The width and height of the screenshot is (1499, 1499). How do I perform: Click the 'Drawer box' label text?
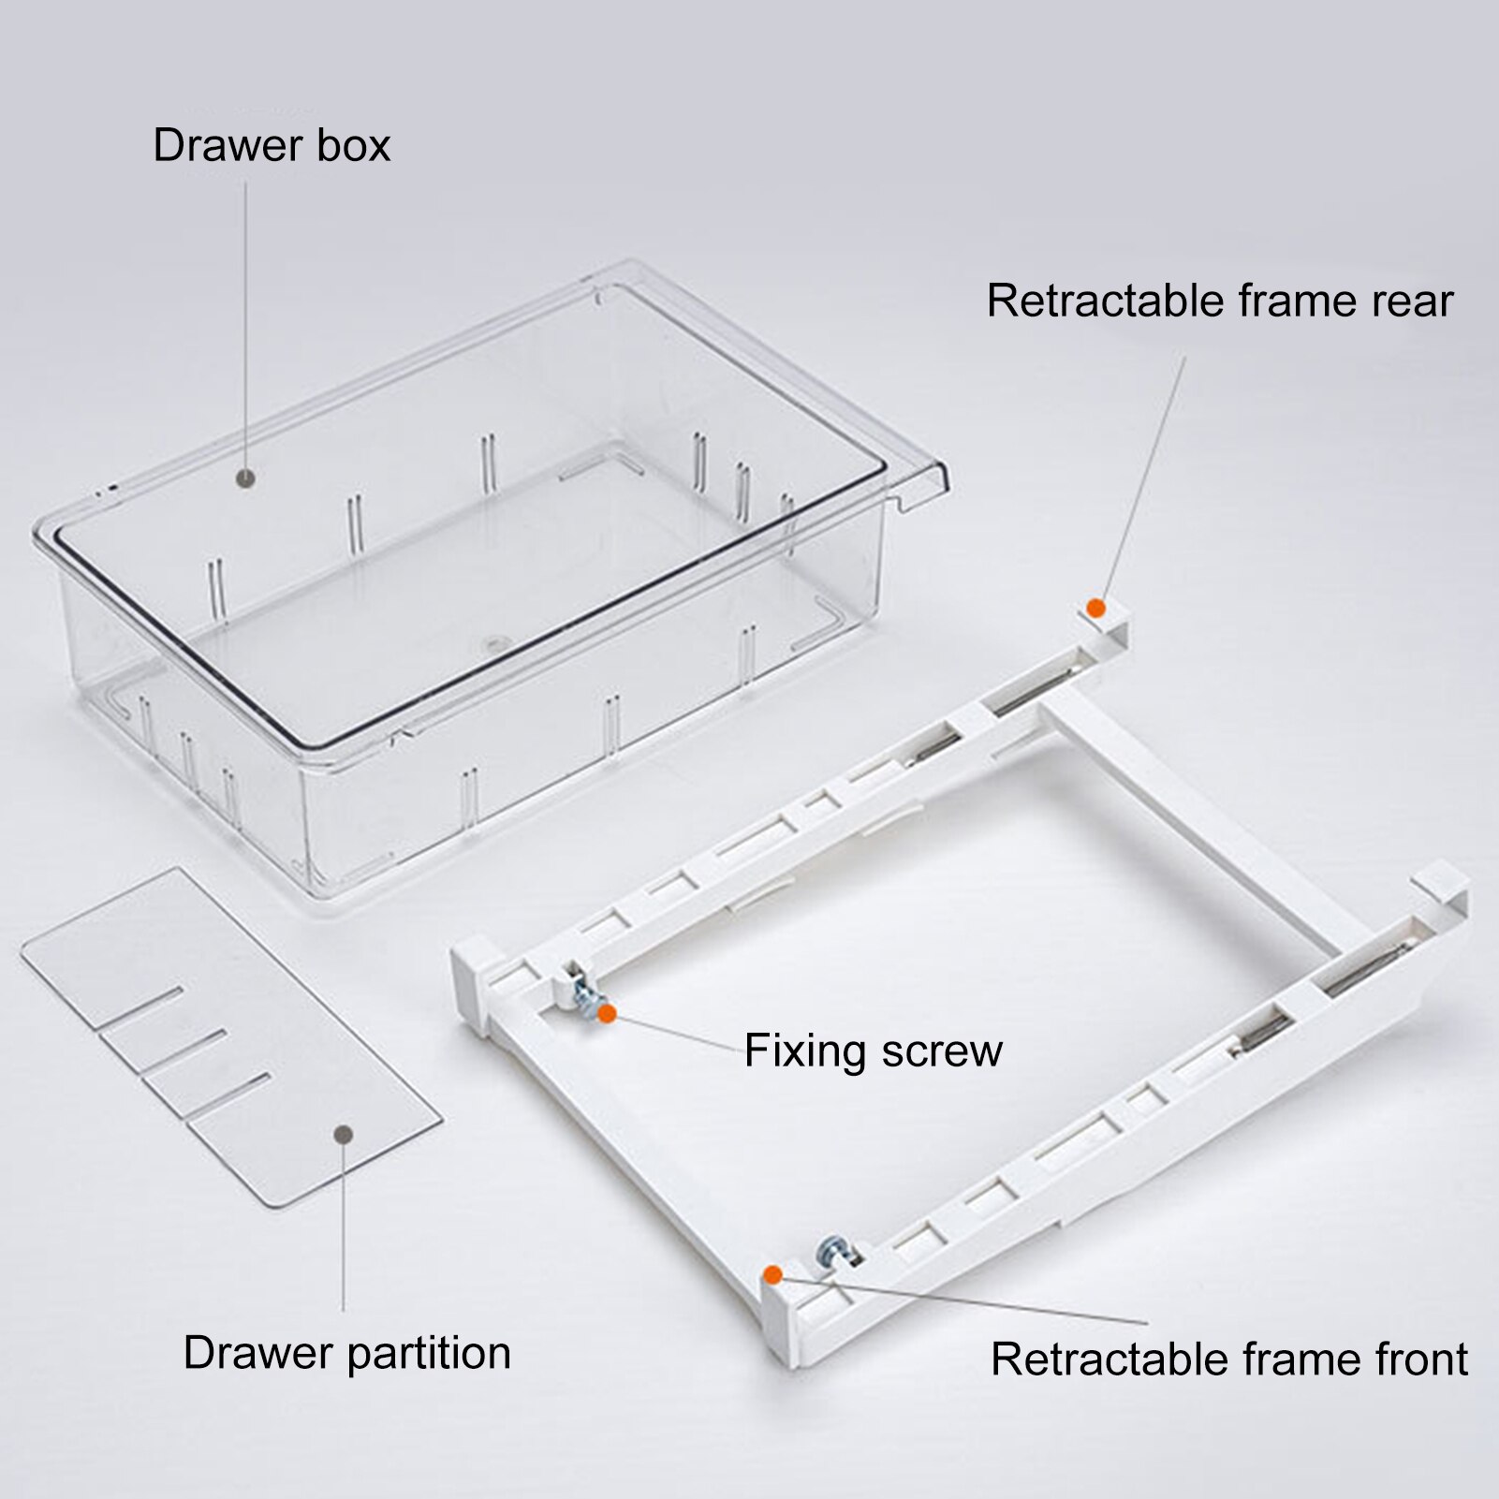271,146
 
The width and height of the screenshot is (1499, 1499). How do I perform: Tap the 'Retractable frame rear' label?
1219,301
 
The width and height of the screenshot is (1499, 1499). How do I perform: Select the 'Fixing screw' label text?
873,1051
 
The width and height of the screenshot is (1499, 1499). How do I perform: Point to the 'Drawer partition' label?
346,1353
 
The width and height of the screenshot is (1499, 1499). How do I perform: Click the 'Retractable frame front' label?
1228,1359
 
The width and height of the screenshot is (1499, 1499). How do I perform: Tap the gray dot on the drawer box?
246,478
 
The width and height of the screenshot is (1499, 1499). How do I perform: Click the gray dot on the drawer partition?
344,1134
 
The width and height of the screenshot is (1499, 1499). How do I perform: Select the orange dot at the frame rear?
1095,609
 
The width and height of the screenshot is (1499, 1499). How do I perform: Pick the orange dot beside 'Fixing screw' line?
607,1013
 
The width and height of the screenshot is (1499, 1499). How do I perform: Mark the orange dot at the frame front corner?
772,1274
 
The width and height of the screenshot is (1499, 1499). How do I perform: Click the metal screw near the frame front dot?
830,1251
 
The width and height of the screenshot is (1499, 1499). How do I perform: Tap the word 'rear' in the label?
1410,301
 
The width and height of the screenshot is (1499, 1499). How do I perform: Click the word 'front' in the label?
1410,1359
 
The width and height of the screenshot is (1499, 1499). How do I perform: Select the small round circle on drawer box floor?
492,644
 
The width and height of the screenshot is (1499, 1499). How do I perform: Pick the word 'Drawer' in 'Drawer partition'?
258,1353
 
